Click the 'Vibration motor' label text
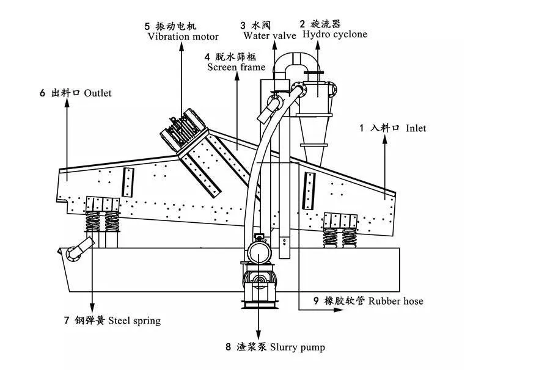coord(183,37)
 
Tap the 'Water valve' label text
coord(269,35)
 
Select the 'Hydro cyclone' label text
coord(335,34)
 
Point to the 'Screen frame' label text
coord(236,67)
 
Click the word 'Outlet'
coord(98,93)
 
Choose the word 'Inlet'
coord(416,128)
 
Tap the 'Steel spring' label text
coord(134,321)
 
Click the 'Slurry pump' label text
coord(298,347)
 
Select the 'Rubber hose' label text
coord(395,301)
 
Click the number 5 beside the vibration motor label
coord(147,26)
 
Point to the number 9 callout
coord(317,301)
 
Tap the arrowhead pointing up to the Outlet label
coord(67,103)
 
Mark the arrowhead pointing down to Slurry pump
coord(258,336)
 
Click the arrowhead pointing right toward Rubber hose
coord(339,310)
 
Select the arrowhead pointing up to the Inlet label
coord(384,139)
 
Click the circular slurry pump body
coord(260,253)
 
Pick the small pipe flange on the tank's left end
coord(73,254)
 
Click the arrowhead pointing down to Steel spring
coord(92,308)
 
